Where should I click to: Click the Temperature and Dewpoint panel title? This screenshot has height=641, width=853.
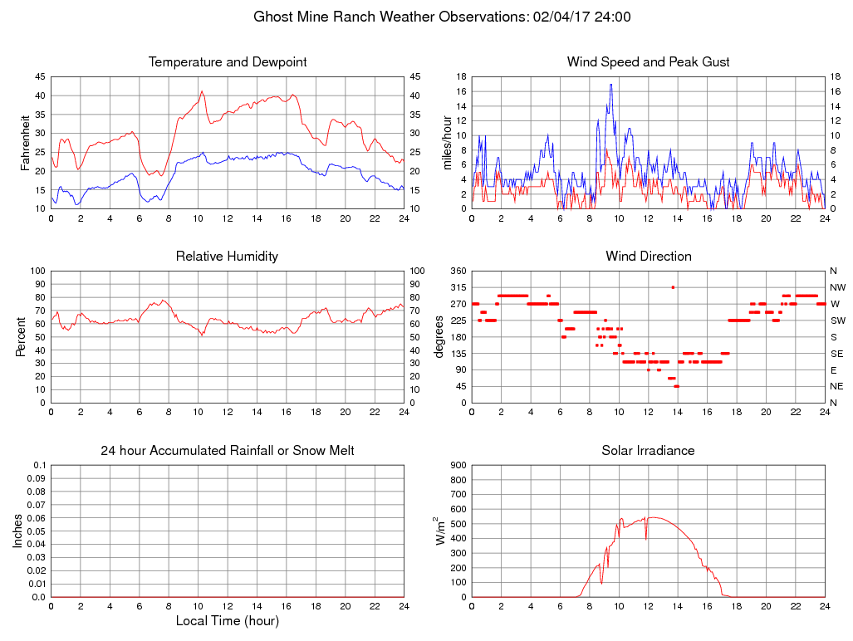pyautogui.click(x=228, y=62)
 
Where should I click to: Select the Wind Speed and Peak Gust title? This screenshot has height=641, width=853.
pyautogui.click(x=649, y=62)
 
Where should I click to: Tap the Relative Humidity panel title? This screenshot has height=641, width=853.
pyautogui.click(x=228, y=257)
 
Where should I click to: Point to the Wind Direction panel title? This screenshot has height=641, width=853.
pyautogui.click(x=649, y=257)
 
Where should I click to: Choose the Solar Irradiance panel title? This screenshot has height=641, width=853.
pyautogui.click(x=649, y=451)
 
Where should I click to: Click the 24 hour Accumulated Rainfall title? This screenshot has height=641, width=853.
pyautogui.click(x=228, y=451)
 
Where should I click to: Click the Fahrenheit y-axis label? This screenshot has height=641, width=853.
pyautogui.click(x=25, y=142)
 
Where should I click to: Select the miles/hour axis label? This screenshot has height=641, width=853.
pyautogui.click(x=447, y=142)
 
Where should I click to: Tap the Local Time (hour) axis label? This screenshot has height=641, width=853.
pyautogui.click(x=228, y=621)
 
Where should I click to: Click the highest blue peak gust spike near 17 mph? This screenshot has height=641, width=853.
pyautogui.click(x=610, y=85)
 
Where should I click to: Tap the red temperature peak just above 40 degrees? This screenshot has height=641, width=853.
pyautogui.click(x=202, y=92)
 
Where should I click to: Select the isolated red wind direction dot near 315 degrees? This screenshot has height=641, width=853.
pyautogui.click(x=673, y=287)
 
